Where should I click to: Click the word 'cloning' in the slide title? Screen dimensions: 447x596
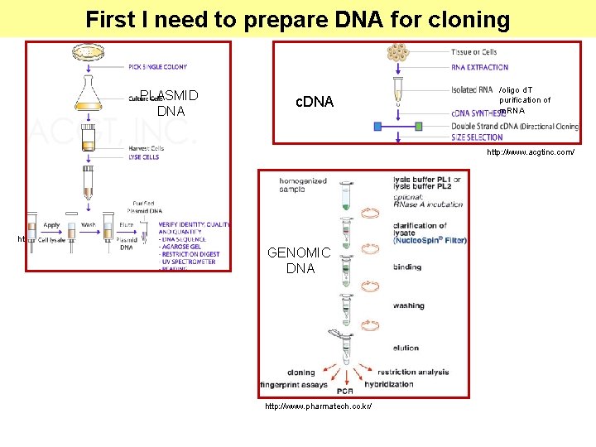[467, 19]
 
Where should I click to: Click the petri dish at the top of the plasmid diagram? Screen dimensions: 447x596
[88, 52]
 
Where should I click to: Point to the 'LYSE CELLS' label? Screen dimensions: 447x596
[143, 156]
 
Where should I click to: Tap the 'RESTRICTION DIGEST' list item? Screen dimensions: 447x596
[191, 254]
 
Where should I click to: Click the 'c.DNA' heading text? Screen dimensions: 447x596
[315, 102]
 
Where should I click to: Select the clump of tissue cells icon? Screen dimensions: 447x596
[398, 53]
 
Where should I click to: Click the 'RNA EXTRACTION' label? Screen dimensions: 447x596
[480, 67]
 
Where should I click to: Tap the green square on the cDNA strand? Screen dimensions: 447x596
[419, 127]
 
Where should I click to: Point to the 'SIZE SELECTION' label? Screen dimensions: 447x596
[477, 137]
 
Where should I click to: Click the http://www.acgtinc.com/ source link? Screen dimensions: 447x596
[530, 152]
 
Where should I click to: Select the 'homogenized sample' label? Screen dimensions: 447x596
[303, 185]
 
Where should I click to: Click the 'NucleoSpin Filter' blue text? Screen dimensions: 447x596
[430, 240]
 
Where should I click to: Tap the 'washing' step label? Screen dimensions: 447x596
[409, 305]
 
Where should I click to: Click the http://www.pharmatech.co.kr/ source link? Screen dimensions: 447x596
[318, 406]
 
